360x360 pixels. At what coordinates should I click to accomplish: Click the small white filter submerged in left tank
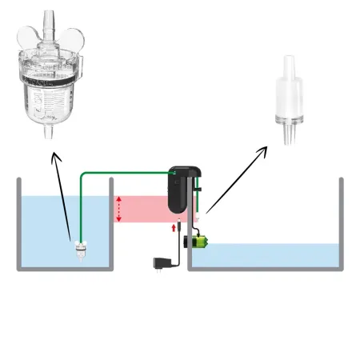(80, 249)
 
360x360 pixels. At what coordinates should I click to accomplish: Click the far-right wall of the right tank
(342, 224)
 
